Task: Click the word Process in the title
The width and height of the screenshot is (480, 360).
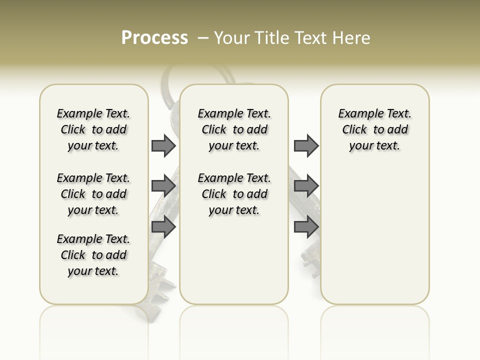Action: (x=154, y=37)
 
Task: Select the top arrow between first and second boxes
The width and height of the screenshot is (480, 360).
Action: (x=163, y=146)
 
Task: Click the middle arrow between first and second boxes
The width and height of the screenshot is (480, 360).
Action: (x=163, y=186)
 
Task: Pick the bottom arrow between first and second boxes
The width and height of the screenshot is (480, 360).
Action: (x=163, y=227)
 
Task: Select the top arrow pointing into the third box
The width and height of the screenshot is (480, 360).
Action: (x=306, y=146)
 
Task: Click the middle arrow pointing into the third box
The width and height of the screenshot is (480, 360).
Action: (x=306, y=186)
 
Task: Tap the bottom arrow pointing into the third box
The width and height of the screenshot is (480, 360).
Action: (x=306, y=227)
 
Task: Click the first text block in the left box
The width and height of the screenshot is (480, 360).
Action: (x=93, y=129)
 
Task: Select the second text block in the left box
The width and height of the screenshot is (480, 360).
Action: (x=93, y=194)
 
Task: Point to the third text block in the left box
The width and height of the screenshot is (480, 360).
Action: (x=93, y=255)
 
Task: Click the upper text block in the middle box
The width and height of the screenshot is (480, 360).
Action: (x=234, y=129)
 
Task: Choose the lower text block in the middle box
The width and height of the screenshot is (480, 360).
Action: (x=234, y=194)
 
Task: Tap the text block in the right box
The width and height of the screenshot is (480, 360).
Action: (x=374, y=129)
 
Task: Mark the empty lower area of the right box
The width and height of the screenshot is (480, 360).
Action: (x=374, y=235)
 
